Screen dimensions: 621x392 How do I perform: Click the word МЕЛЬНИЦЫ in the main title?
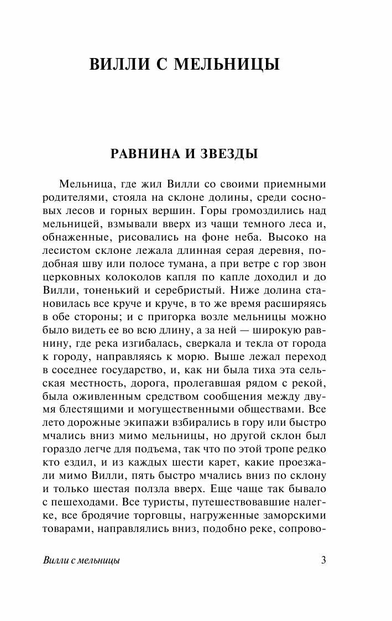[227, 65]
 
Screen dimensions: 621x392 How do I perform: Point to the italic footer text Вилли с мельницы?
[81, 560]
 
